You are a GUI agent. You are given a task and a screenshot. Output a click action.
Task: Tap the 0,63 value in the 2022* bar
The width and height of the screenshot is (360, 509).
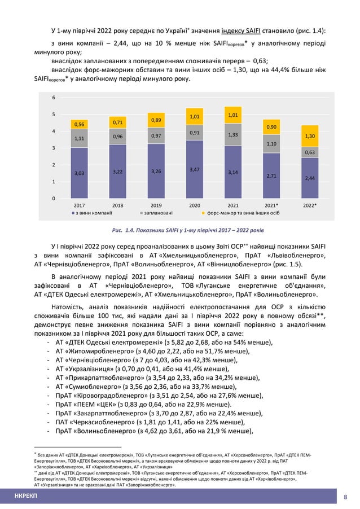(310, 152)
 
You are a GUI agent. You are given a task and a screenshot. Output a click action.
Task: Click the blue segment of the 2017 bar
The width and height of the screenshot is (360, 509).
(79, 173)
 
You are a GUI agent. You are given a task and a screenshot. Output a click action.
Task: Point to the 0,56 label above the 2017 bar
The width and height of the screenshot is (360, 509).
(79, 124)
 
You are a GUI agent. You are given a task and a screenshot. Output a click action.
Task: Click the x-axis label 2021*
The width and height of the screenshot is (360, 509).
(271, 206)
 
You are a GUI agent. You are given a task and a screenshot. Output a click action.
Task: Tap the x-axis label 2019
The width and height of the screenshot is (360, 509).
(156, 206)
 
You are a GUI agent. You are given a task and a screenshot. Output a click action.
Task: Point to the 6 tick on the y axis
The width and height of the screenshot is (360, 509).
(54, 98)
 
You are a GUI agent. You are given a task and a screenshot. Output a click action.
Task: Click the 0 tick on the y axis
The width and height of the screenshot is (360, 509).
(54, 198)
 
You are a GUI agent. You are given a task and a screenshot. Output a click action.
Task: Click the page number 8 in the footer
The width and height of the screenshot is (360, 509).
(345, 497)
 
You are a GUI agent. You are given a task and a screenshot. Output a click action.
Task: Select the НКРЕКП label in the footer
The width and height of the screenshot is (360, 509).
(27, 497)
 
